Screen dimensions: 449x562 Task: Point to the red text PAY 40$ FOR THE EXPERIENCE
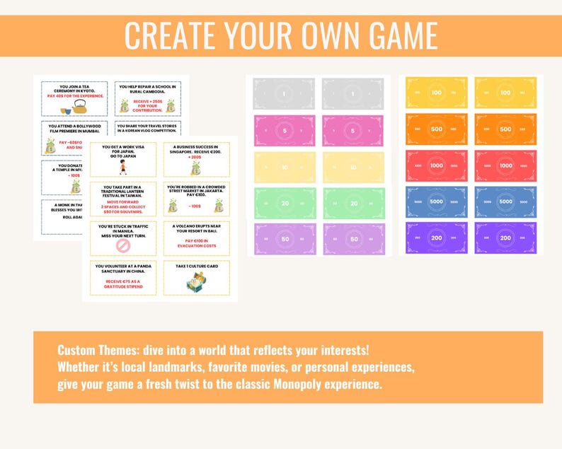(75, 95)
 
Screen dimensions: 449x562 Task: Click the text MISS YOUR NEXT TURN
(123, 235)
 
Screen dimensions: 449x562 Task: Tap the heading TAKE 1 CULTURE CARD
(195, 267)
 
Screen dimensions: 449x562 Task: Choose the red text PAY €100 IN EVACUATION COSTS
(195, 244)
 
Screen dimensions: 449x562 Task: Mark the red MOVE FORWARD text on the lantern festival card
(123, 199)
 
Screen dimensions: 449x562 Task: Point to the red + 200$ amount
(195, 157)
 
